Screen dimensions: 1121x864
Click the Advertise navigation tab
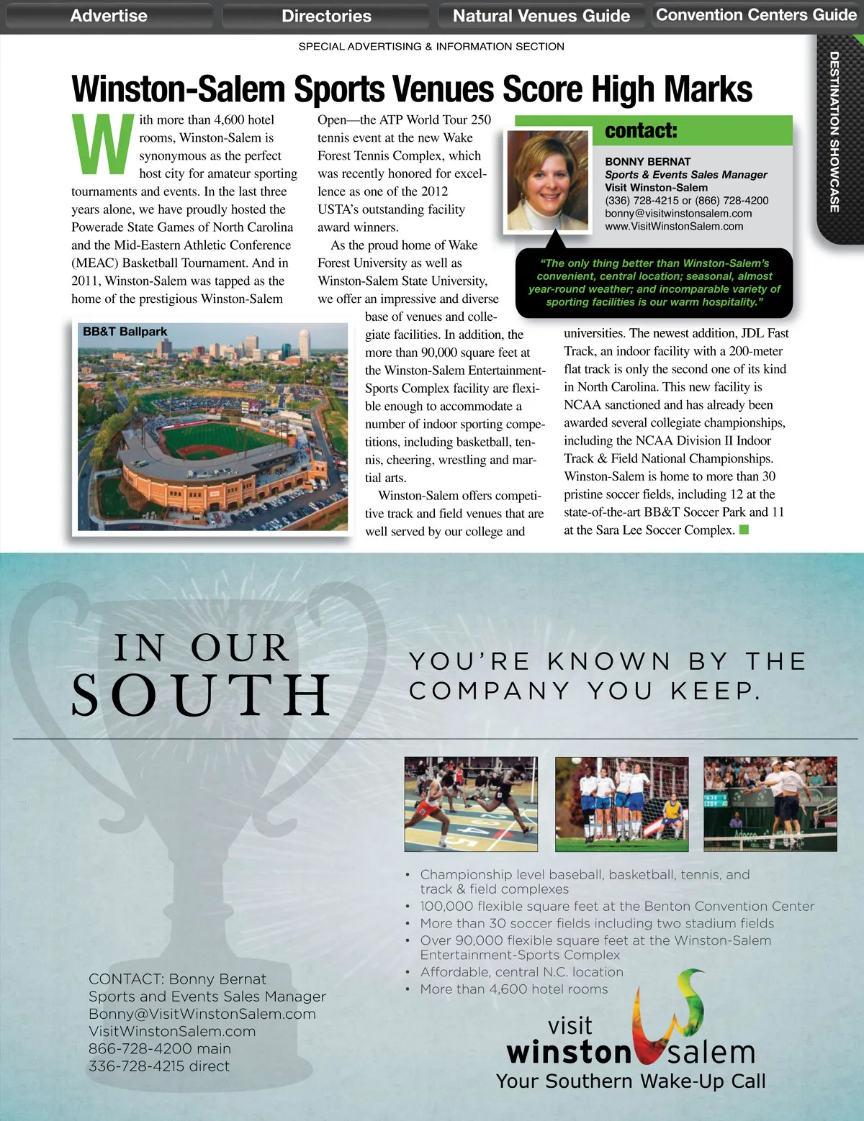point(109,16)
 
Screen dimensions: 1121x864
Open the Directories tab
point(326,16)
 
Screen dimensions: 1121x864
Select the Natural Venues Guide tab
point(541,16)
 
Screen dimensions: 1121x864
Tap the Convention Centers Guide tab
point(756,15)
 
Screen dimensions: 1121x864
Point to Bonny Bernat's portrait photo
point(547,181)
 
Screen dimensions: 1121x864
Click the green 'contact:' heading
point(641,131)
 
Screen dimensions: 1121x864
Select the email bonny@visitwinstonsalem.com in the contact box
point(678,213)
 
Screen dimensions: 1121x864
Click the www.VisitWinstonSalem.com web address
point(674,226)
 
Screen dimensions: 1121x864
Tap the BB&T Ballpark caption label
point(125,332)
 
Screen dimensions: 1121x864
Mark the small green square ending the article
point(744,530)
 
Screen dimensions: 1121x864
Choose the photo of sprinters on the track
point(471,804)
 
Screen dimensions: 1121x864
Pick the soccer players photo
point(621,804)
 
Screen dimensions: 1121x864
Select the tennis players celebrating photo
point(770,804)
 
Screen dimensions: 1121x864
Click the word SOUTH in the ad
point(201,695)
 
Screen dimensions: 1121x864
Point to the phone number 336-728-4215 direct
point(159,1066)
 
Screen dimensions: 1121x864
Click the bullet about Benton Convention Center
point(617,907)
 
